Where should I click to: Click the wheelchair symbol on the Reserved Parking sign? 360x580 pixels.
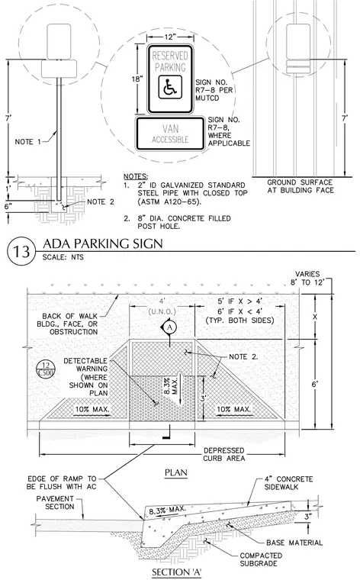170,87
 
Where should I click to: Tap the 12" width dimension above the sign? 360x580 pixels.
170,37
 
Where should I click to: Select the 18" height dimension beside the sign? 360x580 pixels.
137,79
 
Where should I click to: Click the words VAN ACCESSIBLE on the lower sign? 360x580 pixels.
170,134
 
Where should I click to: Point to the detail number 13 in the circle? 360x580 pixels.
21,251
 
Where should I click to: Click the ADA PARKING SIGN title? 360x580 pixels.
103,243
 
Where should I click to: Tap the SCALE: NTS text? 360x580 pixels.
63,257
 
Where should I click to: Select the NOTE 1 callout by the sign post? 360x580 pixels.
28,142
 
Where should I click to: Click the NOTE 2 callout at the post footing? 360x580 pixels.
101,202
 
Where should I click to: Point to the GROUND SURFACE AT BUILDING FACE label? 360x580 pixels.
300,186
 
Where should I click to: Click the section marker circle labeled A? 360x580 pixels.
169,327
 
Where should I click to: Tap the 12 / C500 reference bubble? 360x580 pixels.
47,369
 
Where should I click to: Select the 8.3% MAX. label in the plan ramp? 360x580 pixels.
171,385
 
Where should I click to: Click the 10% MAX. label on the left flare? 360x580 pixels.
92,410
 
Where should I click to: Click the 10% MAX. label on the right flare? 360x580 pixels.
233,410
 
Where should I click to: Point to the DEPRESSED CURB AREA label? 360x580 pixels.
224,454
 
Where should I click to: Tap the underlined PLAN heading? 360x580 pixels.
176,472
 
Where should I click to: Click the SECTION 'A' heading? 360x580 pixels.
177,572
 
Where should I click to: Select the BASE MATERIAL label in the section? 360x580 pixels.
294,543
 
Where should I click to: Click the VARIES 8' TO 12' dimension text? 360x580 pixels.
307,278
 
